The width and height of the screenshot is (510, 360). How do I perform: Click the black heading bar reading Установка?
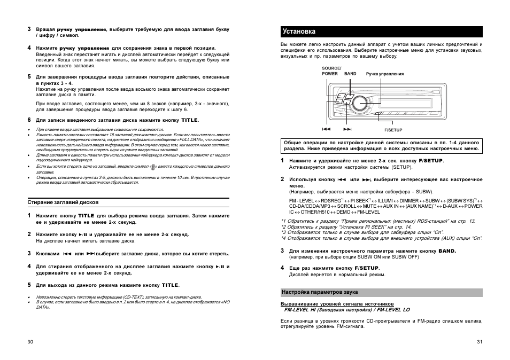pos(381,31)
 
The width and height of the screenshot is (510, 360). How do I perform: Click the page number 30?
pos(30,342)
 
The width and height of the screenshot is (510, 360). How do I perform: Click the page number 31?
pos(480,342)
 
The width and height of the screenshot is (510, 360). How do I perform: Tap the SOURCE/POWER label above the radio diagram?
pos(331,71)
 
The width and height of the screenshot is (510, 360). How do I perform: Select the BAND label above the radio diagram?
pos(350,74)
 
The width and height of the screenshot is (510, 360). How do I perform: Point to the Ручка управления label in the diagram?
pos(384,74)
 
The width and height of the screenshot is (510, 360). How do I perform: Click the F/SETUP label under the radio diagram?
pos(393,130)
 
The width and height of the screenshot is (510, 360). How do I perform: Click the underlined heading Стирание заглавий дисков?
pos(63,202)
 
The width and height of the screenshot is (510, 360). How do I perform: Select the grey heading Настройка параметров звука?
pos(320,292)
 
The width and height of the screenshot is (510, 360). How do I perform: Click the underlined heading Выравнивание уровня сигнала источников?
pos(337,303)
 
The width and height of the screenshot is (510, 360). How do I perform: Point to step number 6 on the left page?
pos(29,120)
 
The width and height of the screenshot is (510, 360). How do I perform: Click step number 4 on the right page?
pos(283,267)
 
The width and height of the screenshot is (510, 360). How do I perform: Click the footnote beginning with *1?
pos(378,221)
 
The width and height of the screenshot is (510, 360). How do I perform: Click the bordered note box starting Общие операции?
pos(381,146)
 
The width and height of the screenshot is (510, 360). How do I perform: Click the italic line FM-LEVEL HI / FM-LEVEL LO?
pos(347,309)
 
